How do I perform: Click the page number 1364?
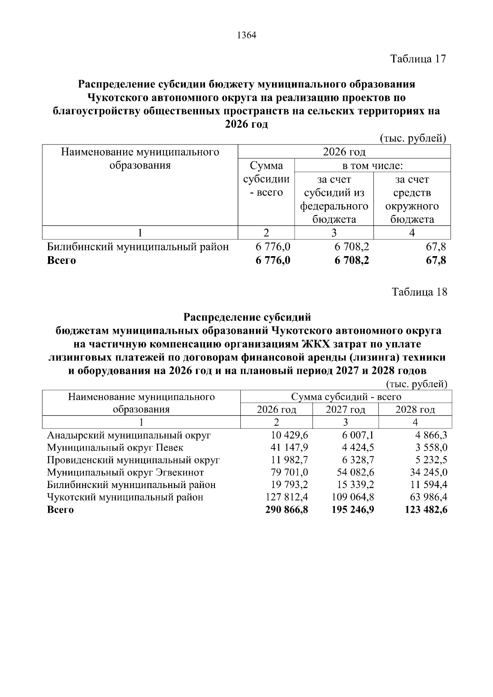[x=246, y=36]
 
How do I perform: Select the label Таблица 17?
[x=418, y=59]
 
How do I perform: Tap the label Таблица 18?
[x=419, y=292]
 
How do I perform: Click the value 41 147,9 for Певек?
[x=288, y=447]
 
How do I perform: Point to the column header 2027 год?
[x=346, y=410]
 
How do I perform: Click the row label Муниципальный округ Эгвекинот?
[x=125, y=472]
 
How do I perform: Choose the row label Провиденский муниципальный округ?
[x=133, y=460]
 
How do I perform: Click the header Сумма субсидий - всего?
[x=346, y=397]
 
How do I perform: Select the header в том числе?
[x=372, y=166]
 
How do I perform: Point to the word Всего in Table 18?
[x=60, y=510]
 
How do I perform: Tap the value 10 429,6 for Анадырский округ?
[x=288, y=435]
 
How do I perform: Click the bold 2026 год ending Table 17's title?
[x=246, y=124]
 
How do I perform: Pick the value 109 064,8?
[x=353, y=497]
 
